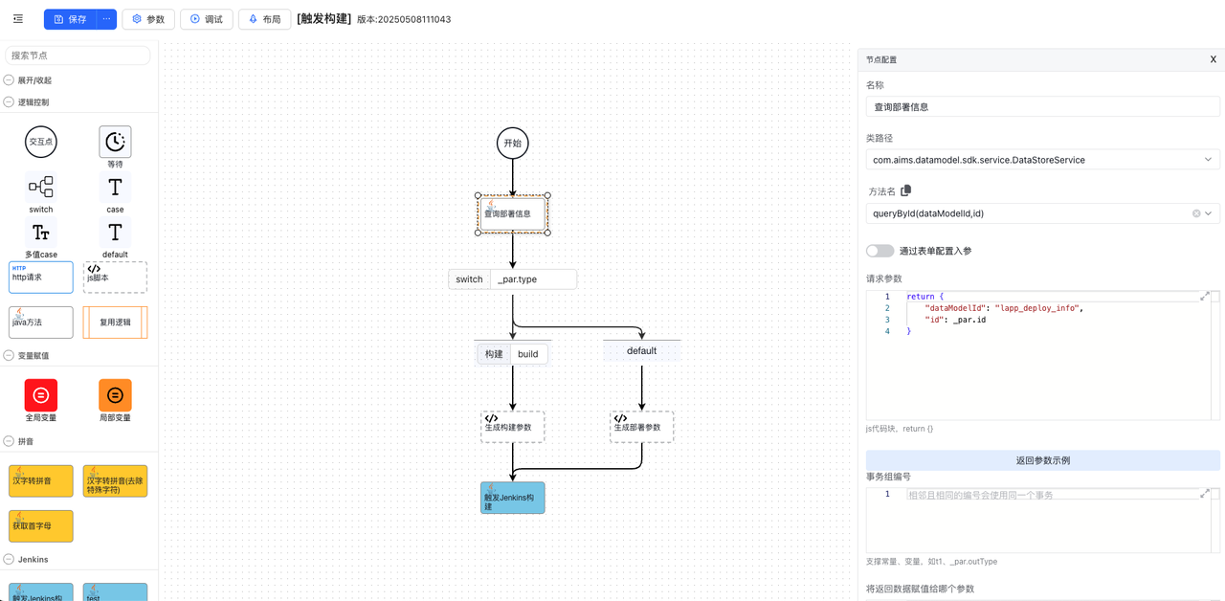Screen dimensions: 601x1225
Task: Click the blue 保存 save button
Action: (x=71, y=19)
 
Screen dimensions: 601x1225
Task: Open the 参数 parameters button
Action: (x=148, y=19)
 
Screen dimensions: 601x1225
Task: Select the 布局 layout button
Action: (x=265, y=19)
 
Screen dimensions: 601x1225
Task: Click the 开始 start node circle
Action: (x=513, y=144)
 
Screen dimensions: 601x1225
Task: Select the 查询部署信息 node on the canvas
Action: (x=513, y=213)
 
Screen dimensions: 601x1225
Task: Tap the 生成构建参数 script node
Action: (x=513, y=427)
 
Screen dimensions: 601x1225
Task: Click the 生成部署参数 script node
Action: (x=641, y=427)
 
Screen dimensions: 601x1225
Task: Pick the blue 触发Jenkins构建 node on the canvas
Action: (x=513, y=498)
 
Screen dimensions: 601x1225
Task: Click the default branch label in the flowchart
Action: (x=641, y=351)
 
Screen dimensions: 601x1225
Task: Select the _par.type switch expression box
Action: (x=533, y=279)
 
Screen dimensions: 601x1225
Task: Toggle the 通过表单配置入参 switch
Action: (x=880, y=251)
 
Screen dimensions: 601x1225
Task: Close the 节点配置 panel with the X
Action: (x=1213, y=59)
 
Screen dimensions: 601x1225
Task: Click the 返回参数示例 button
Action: (x=1042, y=460)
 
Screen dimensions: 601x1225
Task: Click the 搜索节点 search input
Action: (x=78, y=56)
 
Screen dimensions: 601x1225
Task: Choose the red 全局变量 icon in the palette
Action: (x=41, y=395)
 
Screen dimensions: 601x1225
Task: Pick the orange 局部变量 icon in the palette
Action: (x=115, y=395)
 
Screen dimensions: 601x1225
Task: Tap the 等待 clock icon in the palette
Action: (x=115, y=142)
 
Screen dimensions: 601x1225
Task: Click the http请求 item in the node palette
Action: (x=41, y=278)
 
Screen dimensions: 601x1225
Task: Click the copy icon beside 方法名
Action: (x=905, y=190)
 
